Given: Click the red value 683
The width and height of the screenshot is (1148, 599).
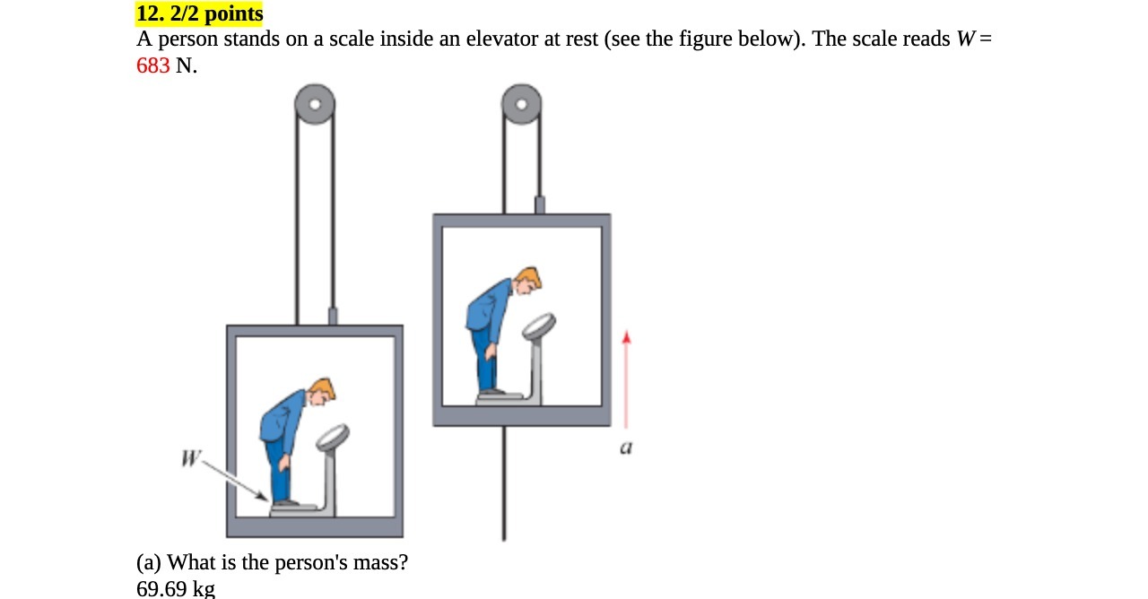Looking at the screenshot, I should tap(152, 66).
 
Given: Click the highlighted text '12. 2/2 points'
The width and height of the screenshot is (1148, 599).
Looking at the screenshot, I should tap(199, 14).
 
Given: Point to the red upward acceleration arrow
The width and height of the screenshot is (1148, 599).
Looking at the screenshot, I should tap(627, 380).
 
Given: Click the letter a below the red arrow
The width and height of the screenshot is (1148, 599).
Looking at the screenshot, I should tap(626, 447).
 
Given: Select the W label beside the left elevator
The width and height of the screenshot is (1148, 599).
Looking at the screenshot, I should tap(190, 459).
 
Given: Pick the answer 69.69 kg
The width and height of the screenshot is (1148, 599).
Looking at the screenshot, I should tap(176, 589).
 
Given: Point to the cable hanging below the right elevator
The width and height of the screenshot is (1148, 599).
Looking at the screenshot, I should tap(504, 484).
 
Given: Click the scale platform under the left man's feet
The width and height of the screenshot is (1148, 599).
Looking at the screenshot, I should tap(297, 509).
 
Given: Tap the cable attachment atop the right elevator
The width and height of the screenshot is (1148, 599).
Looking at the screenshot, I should tap(540, 205).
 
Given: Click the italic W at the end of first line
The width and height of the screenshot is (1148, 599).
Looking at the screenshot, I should tap(967, 40).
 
